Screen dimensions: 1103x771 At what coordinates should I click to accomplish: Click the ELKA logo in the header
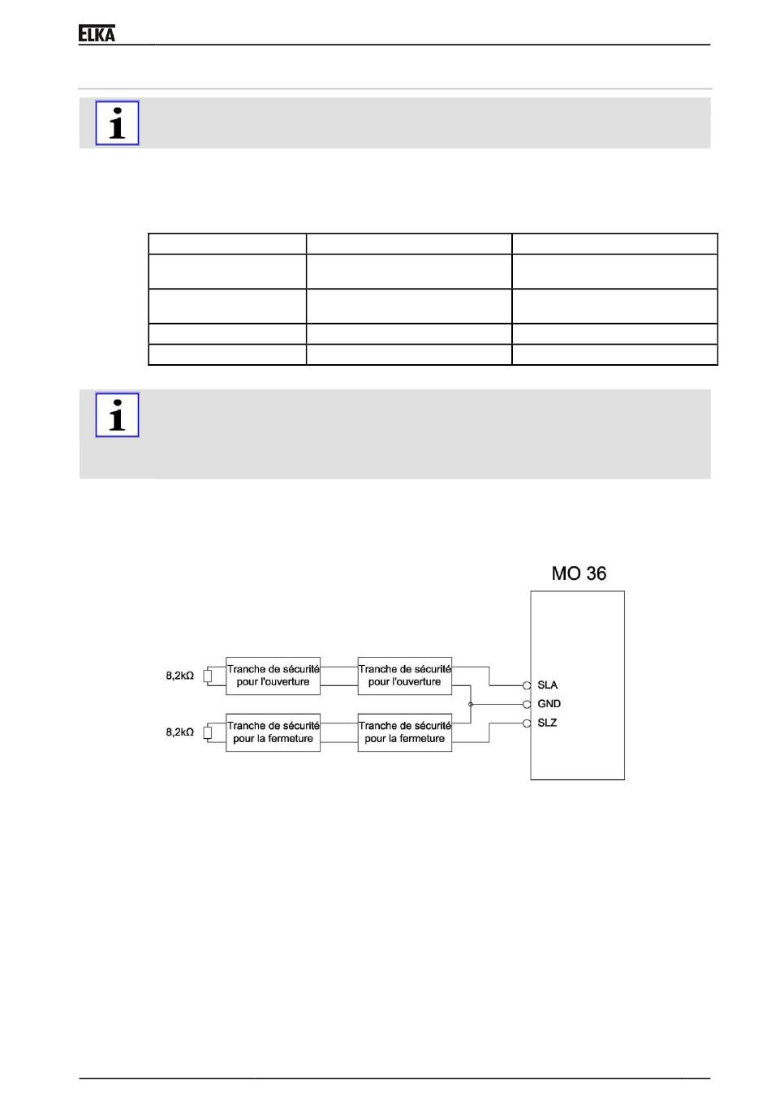coord(97,33)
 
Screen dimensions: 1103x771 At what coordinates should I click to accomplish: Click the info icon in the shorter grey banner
coord(118,123)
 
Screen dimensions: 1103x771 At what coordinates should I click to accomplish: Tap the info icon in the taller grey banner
coord(118,415)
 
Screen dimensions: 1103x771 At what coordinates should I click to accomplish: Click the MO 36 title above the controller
coord(579,573)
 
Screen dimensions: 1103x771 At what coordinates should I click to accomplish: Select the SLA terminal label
coord(547,685)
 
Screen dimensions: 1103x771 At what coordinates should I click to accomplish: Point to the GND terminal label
coord(549,704)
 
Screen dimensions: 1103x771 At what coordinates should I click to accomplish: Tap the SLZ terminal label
coord(547,723)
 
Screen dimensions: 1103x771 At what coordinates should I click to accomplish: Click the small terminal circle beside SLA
coord(527,685)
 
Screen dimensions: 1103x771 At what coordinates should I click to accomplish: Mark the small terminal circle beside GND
coord(527,704)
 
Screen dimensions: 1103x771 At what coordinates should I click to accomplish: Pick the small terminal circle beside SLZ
coord(527,723)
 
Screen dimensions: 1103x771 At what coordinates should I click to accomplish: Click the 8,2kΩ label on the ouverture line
coord(180,676)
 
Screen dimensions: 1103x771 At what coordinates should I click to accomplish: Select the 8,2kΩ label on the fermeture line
coord(180,732)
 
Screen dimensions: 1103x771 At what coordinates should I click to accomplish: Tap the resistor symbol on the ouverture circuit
coord(207,676)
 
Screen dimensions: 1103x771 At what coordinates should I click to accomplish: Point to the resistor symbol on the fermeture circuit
coord(207,732)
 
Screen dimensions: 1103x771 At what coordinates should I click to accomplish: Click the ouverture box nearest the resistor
coord(273,676)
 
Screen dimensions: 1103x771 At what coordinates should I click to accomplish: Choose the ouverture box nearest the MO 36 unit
coord(404,676)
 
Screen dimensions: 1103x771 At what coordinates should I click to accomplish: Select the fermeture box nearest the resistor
coord(273,732)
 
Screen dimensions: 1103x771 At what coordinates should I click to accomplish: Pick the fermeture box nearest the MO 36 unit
coord(404,732)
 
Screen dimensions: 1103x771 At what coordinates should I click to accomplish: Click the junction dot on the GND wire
coord(471,704)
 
